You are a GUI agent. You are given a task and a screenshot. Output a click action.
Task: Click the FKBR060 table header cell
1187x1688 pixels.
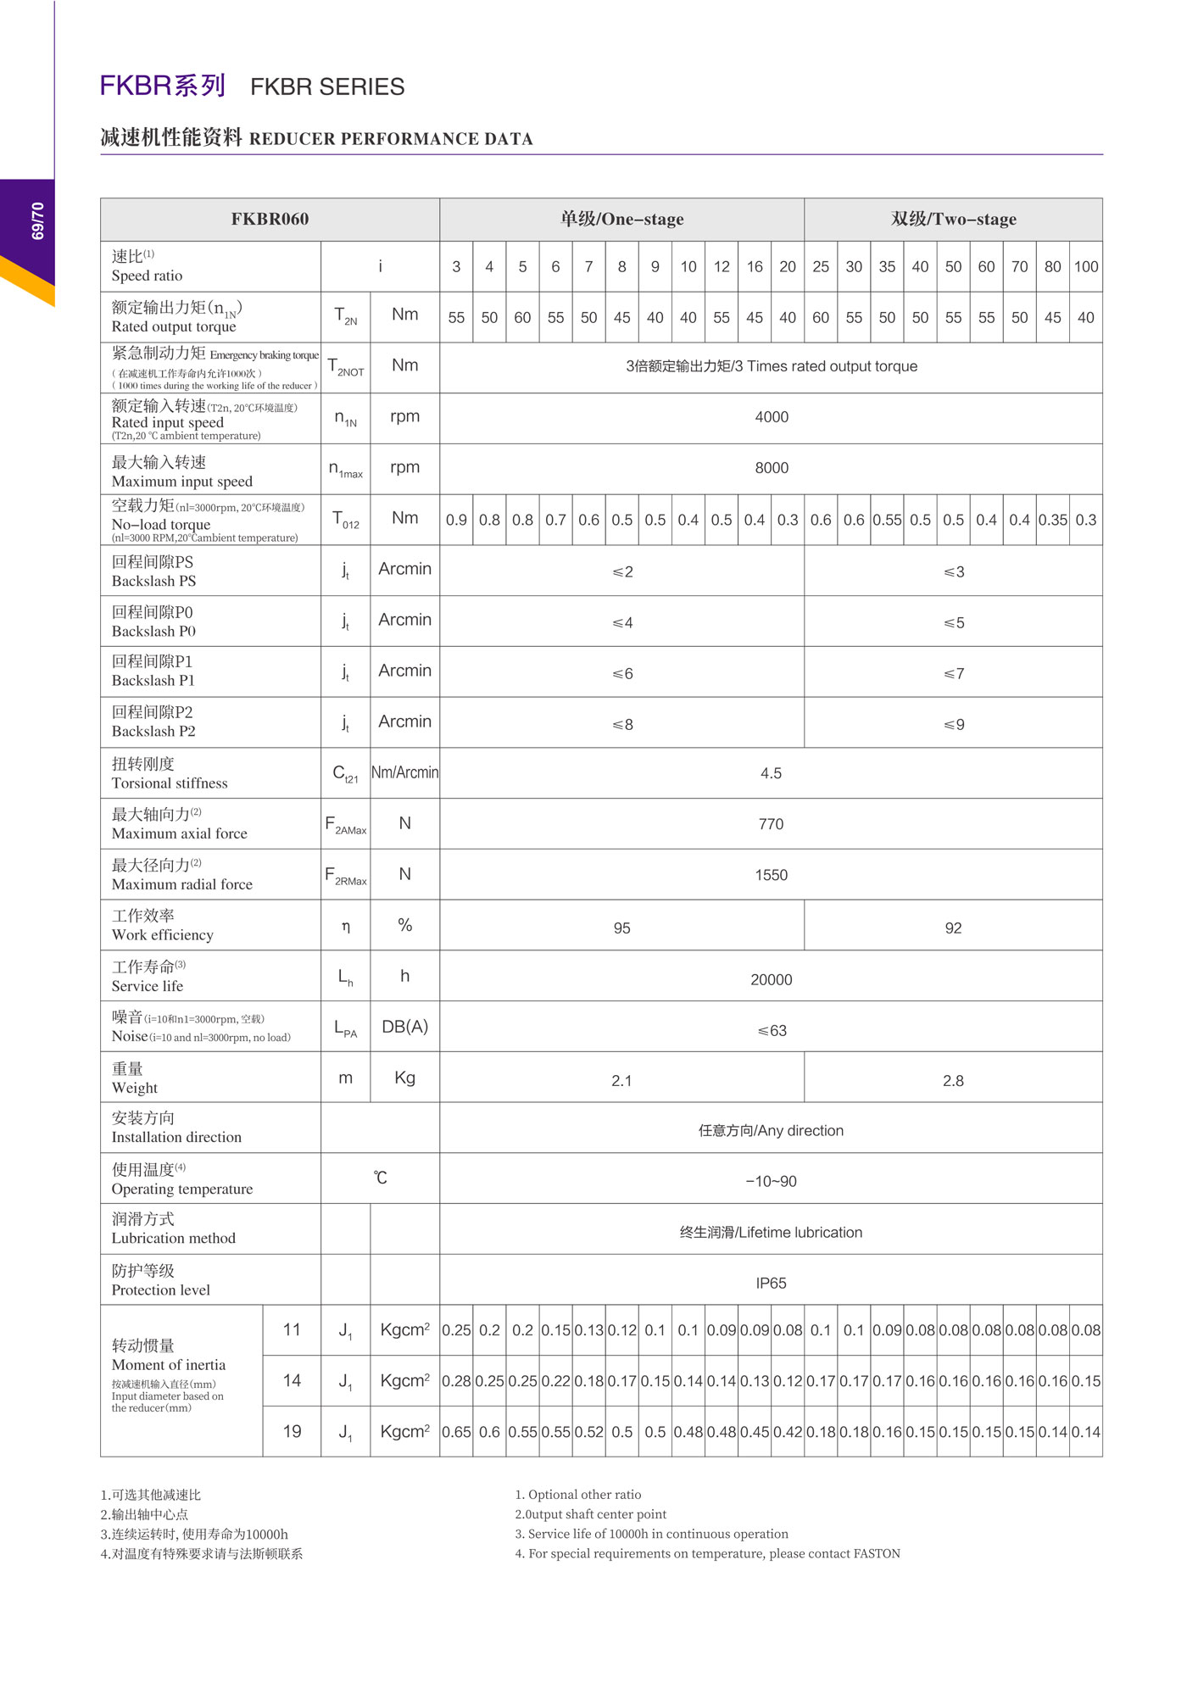pyautogui.click(x=270, y=219)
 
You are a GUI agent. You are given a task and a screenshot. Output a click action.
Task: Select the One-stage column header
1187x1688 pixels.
pyautogui.click(x=621, y=219)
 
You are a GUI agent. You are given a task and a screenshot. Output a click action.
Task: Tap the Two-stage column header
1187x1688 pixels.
pyautogui.click(x=953, y=219)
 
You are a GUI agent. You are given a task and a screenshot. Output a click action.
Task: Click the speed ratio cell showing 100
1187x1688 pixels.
pyautogui.click(x=1086, y=266)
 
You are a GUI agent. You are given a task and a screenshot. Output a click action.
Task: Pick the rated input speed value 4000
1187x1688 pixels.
pyautogui.click(x=771, y=417)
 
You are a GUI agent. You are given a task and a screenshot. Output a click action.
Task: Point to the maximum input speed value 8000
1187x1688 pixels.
pyautogui.click(x=771, y=468)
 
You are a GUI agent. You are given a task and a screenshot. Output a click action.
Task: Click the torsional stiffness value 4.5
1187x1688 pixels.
pyautogui.click(x=771, y=773)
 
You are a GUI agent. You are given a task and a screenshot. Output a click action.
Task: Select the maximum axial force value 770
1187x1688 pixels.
pyautogui.click(x=771, y=824)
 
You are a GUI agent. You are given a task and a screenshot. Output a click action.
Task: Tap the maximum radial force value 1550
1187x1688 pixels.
pyautogui.click(x=771, y=875)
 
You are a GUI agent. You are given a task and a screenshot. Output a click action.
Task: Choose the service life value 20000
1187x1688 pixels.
pyautogui.click(x=771, y=980)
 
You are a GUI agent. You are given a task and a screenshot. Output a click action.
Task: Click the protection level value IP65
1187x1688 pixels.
pyautogui.click(x=771, y=1284)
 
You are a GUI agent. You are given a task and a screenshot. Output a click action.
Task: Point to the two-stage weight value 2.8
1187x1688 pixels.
pyautogui.click(x=953, y=1081)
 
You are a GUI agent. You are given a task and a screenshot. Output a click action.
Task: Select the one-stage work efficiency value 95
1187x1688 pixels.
pyautogui.click(x=621, y=928)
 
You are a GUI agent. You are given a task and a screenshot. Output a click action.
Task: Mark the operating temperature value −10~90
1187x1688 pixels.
pyautogui.click(x=771, y=1182)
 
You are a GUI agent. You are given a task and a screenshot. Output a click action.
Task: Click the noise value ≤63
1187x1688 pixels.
pyautogui.click(x=772, y=1031)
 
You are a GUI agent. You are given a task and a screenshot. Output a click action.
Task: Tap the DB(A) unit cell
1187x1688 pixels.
pyautogui.click(x=404, y=1027)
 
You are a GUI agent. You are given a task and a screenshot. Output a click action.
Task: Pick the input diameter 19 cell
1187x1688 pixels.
pyautogui.click(x=292, y=1432)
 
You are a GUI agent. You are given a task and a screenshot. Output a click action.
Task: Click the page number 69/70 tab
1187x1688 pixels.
pyautogui.click(x=37, y=221)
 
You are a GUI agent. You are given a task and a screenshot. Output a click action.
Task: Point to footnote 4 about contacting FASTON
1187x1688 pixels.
pyautogui.click(x=707, y=1554)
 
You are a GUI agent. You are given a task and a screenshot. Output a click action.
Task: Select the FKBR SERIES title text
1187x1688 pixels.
pyautogui.click(x=327, y=86)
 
